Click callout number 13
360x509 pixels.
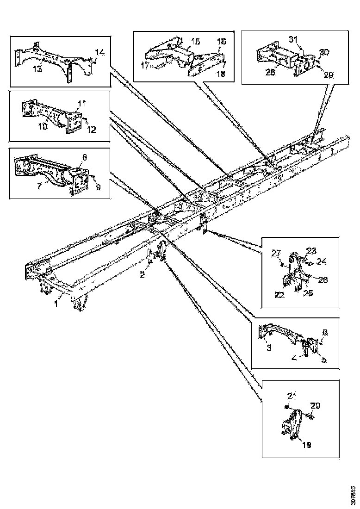(x=37, y=69)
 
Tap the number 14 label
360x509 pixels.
(x=100, y=51)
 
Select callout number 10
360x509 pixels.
(x=42, y=125)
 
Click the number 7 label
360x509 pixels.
(x=39, y=185)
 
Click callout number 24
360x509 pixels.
(x=321, y=262)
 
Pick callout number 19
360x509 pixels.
(x=306, y=445)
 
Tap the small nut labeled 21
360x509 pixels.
(x=287, y=407)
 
